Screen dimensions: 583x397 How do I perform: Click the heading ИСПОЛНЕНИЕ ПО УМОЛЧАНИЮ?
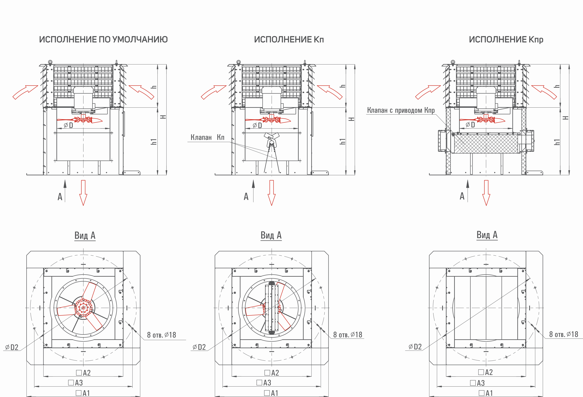[x=103, y=40]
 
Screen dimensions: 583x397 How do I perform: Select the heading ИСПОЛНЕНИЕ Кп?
[x=289, y=40]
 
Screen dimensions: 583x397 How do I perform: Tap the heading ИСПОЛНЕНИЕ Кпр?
[x=506, y=40]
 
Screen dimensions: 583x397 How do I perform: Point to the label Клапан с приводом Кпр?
[x=401, y=110]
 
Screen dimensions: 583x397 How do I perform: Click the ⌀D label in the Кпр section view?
[x=470, y=125]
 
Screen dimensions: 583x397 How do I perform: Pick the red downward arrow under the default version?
[x=83, y=193]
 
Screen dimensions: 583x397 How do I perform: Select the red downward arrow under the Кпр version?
[x=486, y=193]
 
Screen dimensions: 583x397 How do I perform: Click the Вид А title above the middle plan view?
[x=271, y=235]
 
